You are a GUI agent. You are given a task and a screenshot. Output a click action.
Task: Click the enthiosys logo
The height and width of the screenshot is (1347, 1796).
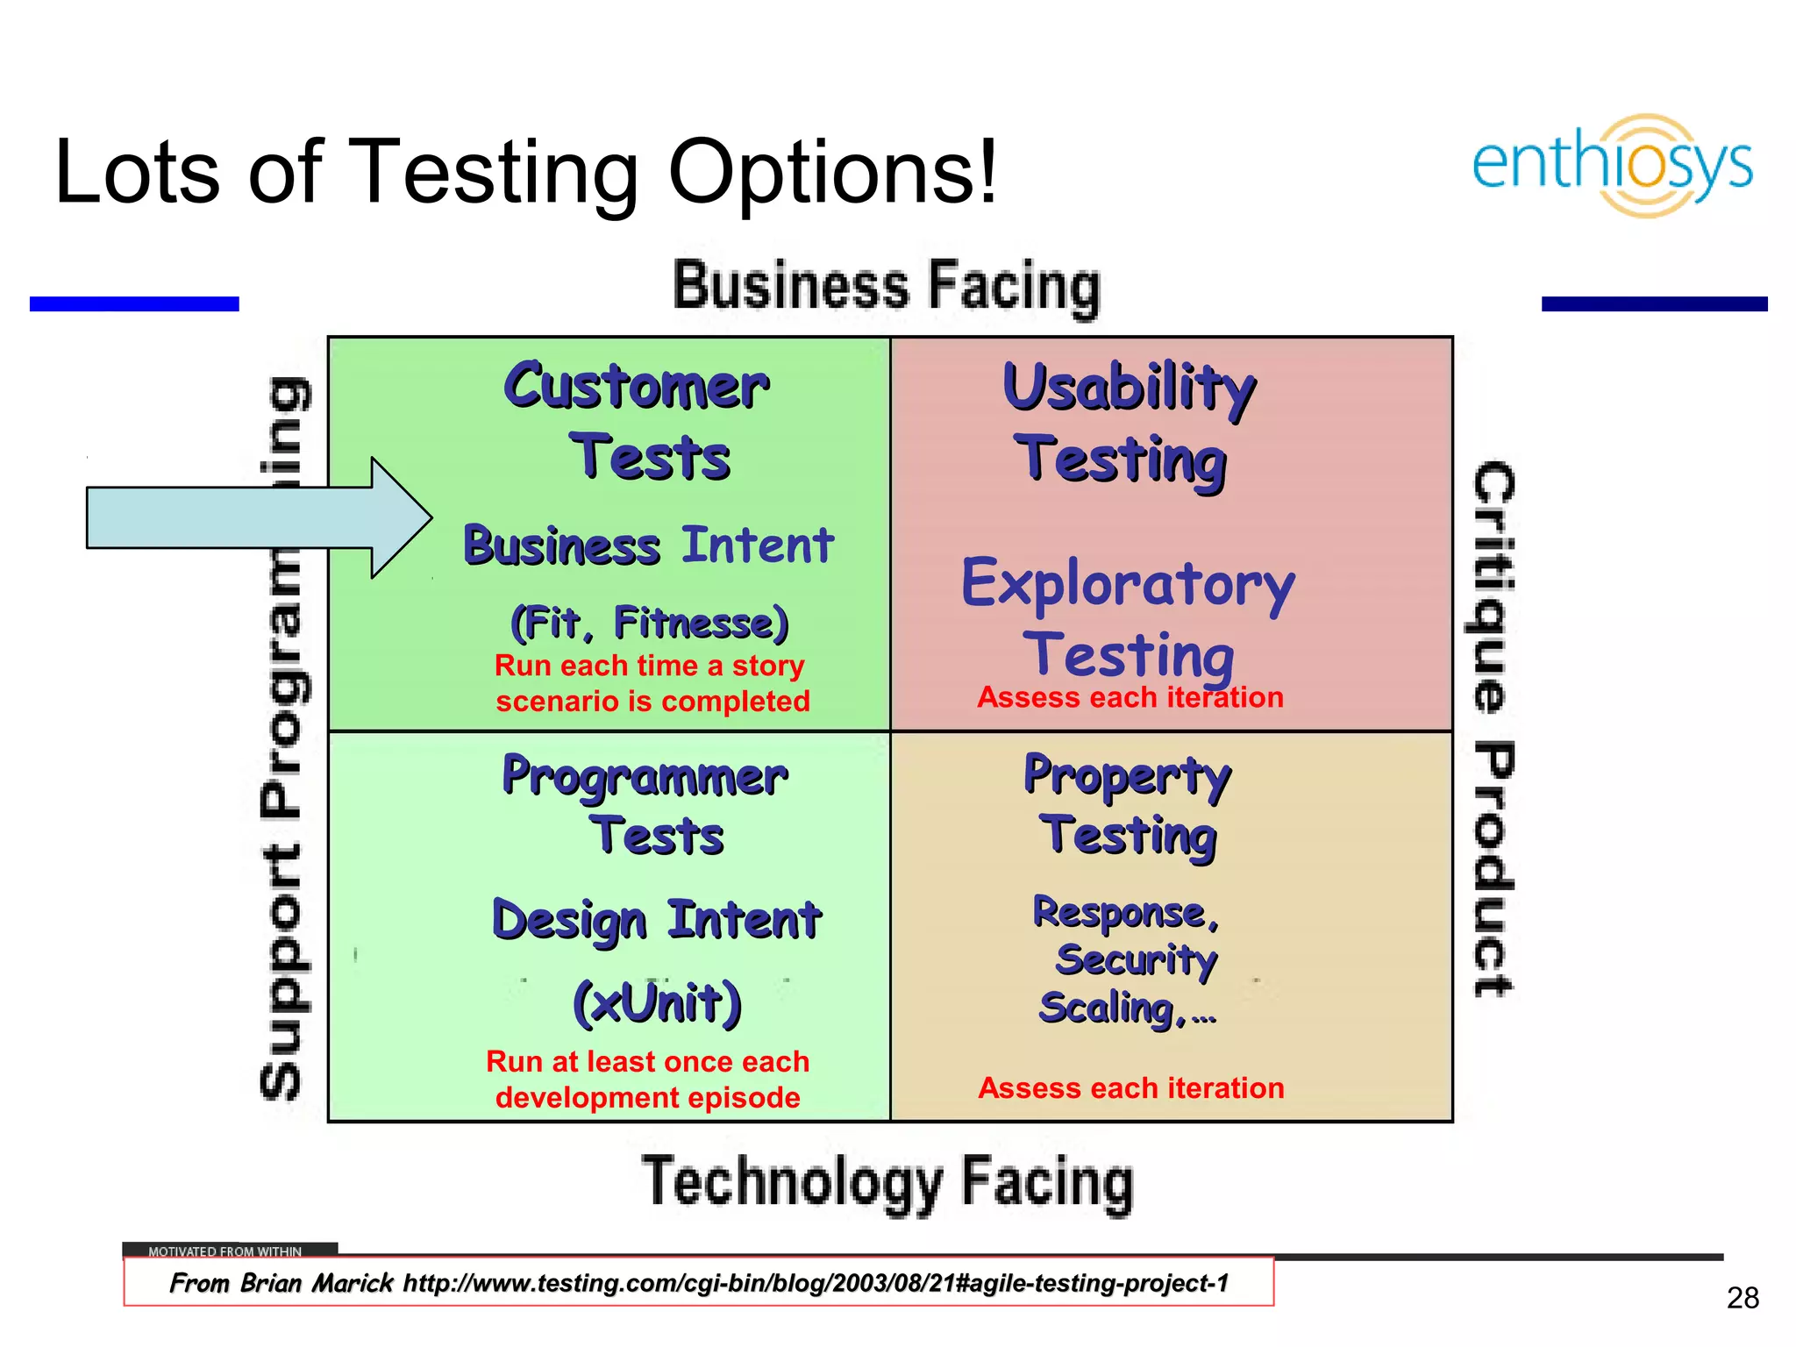click(x=1612, y=165)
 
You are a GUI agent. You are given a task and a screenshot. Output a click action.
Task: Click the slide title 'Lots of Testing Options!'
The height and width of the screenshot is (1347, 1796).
click(x=526, y=172)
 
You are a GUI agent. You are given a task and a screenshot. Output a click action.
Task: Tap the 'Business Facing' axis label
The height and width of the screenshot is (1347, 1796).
click(x=887, y=286)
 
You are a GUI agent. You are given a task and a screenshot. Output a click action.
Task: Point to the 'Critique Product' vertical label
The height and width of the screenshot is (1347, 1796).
click(x=1493, y=728)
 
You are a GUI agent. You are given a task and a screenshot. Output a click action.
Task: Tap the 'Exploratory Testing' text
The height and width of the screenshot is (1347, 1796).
click(x=1128, y=617)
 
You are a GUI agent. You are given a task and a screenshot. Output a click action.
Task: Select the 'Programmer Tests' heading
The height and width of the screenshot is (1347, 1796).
click(x=645, y=803)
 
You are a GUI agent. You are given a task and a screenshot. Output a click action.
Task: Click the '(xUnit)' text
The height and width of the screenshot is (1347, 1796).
click(x=658, y=1003)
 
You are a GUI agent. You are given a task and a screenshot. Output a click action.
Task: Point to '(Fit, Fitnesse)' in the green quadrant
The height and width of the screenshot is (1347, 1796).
click(x=649, y=623)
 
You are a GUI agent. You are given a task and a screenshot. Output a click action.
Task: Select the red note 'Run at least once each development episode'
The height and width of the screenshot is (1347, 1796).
click(x=647, y=1080)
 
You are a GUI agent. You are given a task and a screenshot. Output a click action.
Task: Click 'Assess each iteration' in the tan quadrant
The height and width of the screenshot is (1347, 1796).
click(x=1131, y=1088)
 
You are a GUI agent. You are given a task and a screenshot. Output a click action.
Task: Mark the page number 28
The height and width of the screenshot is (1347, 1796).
click(x=1743, y=1298)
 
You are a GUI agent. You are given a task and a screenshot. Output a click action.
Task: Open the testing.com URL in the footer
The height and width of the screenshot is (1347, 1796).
click(x=816, y=1284)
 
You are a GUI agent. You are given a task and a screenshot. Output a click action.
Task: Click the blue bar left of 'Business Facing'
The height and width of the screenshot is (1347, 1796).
click(x=134, y=303)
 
